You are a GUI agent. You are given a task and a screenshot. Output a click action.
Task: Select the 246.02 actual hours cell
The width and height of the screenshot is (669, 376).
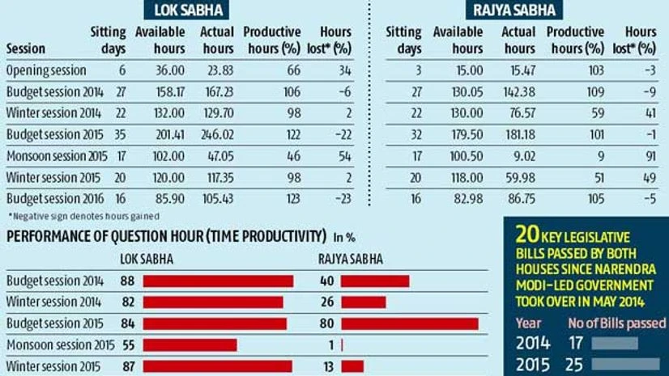coord(216,133)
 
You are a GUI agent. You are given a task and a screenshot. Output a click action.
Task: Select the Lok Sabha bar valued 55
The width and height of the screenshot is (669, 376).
coord(190,345)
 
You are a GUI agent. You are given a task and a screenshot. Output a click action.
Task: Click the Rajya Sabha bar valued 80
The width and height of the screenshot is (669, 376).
coord(409,323)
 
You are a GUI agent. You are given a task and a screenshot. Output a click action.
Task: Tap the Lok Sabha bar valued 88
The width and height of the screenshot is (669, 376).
coord(218,281)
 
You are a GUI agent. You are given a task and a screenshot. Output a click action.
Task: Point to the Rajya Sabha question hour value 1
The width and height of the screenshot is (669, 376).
coord(331,345)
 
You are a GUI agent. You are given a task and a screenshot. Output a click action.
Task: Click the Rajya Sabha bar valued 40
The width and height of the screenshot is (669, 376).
coord(375,281)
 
